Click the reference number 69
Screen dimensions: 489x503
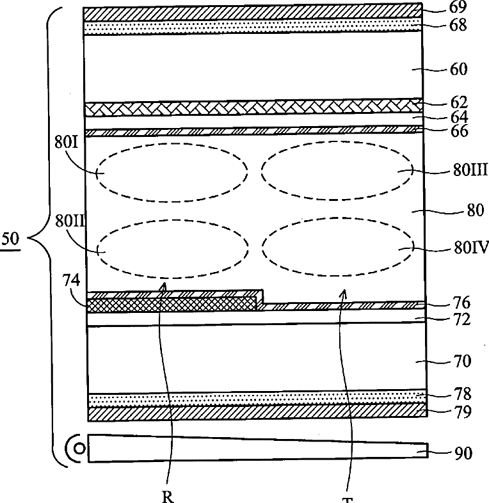(459, 8)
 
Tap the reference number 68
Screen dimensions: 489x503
(459, 26)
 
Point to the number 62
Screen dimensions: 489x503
(459, 102)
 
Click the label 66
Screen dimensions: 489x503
(459, 132)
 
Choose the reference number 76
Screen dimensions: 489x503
(461, 302)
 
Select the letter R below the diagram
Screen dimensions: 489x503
(168, 497)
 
